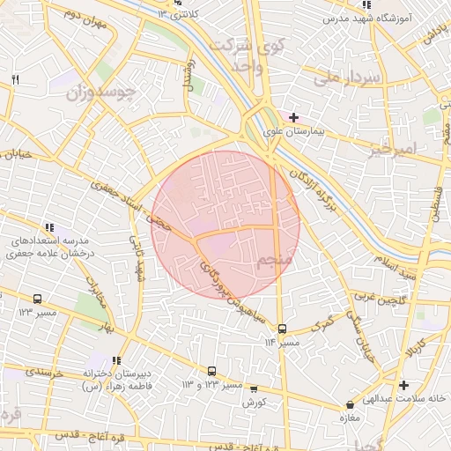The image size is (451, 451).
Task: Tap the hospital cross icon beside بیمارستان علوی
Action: point(293,117)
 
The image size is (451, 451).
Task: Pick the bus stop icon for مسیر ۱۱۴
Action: point(282,329)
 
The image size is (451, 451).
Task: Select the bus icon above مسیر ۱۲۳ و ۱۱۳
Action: point(211,372)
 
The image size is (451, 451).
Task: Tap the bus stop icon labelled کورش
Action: point(254,388)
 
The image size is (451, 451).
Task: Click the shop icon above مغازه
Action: point(351,405)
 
